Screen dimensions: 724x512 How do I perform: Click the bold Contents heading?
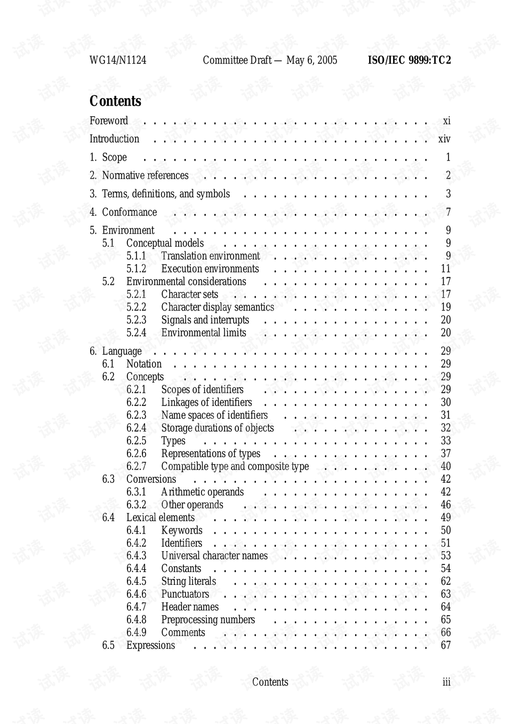coord(115,101)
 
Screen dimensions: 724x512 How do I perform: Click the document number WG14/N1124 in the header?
coord(118,60)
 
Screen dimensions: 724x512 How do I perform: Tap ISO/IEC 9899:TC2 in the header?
coord(409,60)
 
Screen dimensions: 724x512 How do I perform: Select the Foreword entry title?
coord(109,121)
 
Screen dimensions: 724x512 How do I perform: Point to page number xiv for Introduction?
coord(444,139)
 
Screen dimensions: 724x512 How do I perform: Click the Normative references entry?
coord(145,176)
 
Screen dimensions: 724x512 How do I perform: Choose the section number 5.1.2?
coord(136,269)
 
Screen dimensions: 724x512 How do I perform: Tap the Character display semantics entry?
coord(218,307)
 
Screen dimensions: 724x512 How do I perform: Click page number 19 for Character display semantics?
coord(446,307)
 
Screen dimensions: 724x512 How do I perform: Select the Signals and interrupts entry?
coord(205,320)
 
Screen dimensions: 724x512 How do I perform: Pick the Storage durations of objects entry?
coord(217,428)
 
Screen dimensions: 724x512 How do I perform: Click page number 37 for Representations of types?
coord(446,454)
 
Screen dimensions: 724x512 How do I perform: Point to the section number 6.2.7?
coord(136,466)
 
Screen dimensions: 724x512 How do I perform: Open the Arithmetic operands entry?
coord(202,492)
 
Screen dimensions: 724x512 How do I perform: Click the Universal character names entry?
coord(214,556)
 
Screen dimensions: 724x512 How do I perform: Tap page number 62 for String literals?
coord(446,582)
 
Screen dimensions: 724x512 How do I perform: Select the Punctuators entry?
coord(185,594)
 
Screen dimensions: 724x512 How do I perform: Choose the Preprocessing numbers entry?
coord(208,620)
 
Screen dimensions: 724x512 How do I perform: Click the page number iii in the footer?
coord(446,682)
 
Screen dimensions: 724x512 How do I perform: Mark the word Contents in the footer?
coord(270,682)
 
